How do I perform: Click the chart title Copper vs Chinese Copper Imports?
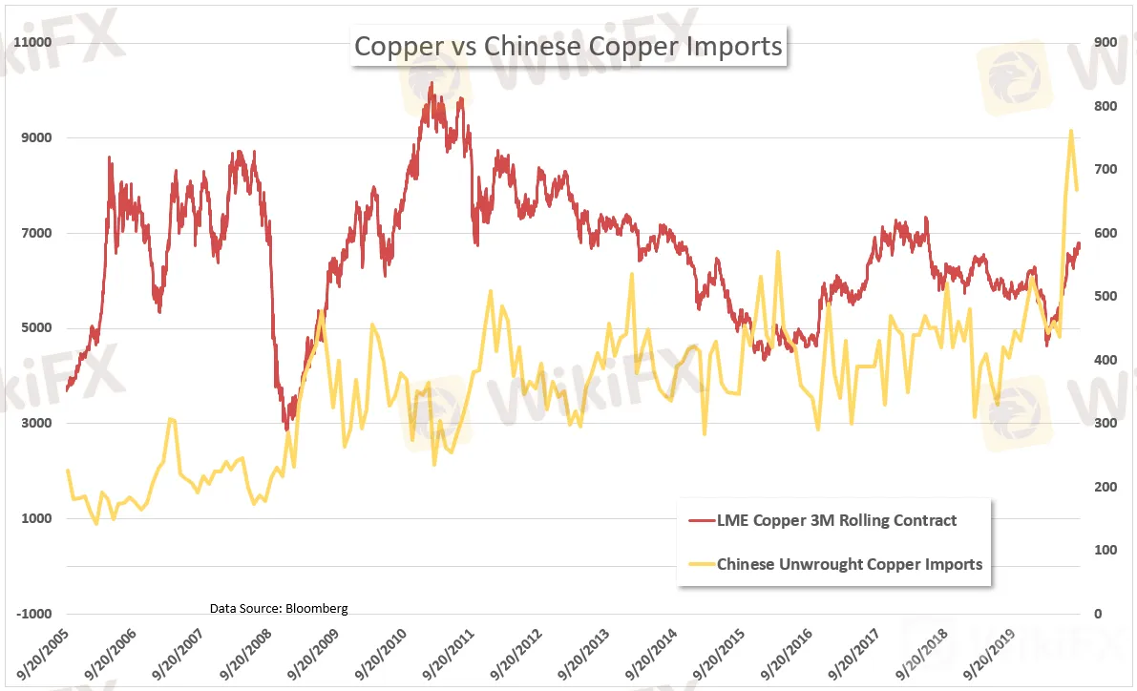pyautogui.click(x=568, y=46)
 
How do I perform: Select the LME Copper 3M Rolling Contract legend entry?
pyautogui.click(x=835, y=520)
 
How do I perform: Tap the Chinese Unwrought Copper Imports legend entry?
pyautogui.click(x=849, y=563)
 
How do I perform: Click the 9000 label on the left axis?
pyautogui.click(x=34, y=138)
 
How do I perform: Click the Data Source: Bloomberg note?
pyautogui.click(x=279, y=608)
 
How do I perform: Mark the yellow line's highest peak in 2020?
pyautogui.click(x=1071, y=131)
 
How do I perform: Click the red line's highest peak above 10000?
pyautogui.click(x=432, y=83)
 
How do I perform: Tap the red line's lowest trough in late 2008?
pyautogui.click(x=285, y=429)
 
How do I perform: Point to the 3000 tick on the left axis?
pyautogui.click(x=34, y=424)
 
